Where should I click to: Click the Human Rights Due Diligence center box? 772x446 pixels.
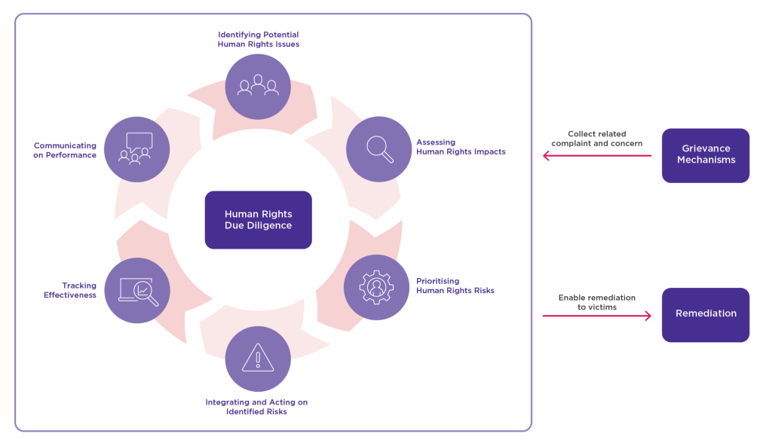pos(258,220)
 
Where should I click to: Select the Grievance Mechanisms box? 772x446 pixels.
pos(706,155)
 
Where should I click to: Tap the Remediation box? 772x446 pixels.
pos(706,314)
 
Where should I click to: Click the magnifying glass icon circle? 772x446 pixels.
pos(378,149)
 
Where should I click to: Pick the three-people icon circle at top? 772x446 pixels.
pos(258,87)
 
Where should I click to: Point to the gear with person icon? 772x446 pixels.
pos(376,287)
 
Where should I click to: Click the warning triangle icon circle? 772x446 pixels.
pos(258,359)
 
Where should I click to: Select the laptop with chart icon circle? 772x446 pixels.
pos(138,291)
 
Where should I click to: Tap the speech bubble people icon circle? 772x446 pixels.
pos(136,148)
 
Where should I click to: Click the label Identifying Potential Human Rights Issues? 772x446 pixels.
pos(258,39)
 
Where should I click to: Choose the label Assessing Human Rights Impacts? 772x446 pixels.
pos(461,147)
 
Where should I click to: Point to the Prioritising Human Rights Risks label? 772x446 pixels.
pos(455,286)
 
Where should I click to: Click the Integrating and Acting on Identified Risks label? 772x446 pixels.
pos(256,407)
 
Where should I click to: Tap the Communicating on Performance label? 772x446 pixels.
pos(65,150)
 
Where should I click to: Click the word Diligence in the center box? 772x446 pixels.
pos(270,226)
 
